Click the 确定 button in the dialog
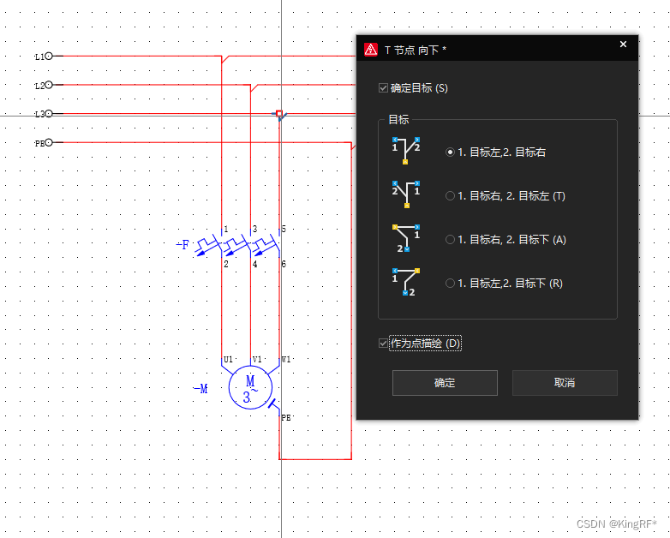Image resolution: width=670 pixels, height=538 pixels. (445, 383)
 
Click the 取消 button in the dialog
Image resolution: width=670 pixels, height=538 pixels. (565, 383)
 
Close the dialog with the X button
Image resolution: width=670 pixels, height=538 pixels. (623, 45)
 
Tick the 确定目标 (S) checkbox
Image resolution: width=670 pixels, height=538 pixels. (383, 88)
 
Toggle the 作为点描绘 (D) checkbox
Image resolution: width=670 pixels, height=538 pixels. (383, 344)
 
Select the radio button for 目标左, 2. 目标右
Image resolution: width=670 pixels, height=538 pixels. (450, 152)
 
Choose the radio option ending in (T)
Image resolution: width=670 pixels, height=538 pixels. (450, 196)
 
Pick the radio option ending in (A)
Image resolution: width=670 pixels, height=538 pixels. (450, 240)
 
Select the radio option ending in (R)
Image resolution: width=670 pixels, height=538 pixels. (450, 284)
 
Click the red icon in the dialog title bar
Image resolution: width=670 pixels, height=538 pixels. (371, 50)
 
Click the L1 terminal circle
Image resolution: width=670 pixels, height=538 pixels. (48, 56)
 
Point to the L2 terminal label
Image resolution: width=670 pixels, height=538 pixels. (39, 86)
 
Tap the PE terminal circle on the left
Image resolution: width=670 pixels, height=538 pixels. (48, 143)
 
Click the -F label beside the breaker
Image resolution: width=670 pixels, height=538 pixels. (182, 245)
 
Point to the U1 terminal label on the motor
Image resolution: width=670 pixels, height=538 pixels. (228, 359)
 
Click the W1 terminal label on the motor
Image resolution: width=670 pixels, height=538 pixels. (286, 359)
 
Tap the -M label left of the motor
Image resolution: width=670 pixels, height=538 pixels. (200, 389)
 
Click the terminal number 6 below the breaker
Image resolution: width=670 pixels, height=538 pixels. (284, 264)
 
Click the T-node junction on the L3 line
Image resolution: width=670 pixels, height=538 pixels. (279, 114)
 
